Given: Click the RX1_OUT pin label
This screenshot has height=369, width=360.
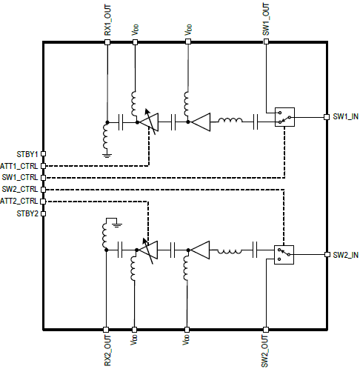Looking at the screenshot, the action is point(107,20).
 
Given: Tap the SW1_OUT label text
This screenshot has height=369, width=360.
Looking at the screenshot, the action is point(266,19).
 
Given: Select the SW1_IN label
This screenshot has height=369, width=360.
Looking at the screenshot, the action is point(345,116).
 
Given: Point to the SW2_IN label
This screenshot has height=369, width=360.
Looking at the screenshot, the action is point(345,255).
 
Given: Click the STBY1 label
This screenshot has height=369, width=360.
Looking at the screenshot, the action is point(27,154).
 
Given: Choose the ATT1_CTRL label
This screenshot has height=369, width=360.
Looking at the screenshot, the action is point(19,166).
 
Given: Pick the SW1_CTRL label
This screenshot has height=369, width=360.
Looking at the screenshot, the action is point(20,177).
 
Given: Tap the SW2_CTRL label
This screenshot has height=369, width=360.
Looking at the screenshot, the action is point(20,189).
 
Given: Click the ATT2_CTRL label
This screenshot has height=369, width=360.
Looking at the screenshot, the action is point(19,201).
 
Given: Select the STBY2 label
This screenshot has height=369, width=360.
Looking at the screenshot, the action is point(27,213).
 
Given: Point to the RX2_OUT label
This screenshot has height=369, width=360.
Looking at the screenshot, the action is point(107,350).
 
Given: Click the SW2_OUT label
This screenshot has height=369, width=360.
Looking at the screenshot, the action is point(264,351).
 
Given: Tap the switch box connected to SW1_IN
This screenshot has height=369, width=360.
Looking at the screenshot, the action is point(284,117).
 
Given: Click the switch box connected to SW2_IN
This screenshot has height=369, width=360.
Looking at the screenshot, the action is point(284,255).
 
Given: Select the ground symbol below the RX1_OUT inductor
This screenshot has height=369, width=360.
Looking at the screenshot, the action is point(107,156).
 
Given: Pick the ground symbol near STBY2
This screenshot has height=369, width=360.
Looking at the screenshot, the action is point(117,225).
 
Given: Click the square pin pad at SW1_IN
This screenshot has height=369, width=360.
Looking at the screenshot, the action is point(327,117).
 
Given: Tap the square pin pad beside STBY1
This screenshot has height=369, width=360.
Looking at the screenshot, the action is point(43,154).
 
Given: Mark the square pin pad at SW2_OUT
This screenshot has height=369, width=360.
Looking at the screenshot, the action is point(266,330).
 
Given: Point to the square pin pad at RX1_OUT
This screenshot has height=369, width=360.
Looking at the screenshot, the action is point(107,42).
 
